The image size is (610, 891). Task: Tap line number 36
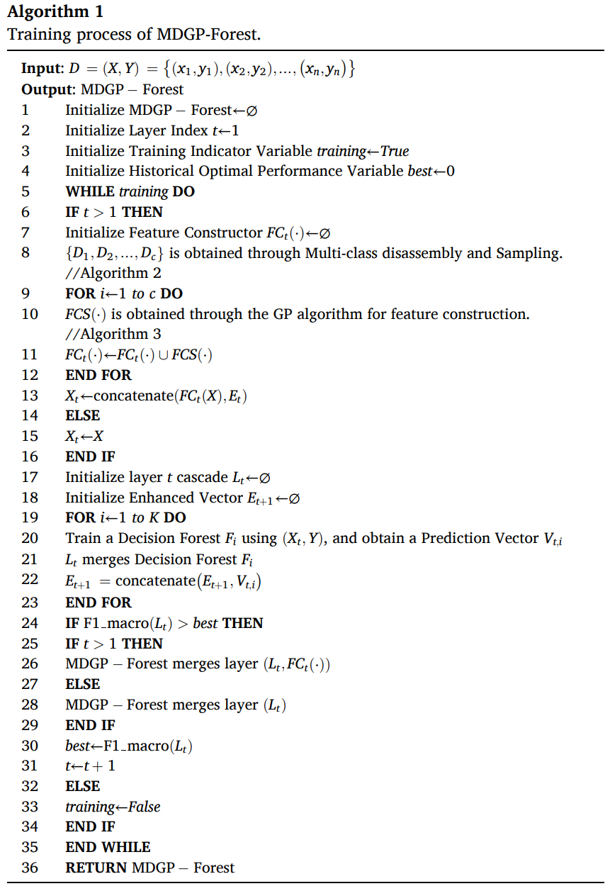pyautogui.click(x=30, y=867)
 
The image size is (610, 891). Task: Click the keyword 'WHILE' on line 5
pyautogui.click(x=90, y=191)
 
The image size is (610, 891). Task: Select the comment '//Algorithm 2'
pyautogui.click(x=106, y=273)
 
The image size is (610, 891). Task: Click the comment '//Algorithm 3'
pyautogui.click(x=106, y=334)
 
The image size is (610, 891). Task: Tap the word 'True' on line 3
pyautogui.click(x=395, y=151)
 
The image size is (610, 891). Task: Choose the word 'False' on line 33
pyautogui.click(x=144, y=807)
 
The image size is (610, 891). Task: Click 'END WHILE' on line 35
pyautogui.click(x=108, y=847)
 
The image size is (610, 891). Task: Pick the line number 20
pyautogui.click(x=30, y=538)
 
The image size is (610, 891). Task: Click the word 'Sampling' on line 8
pyautogui.click(x=530, y=253)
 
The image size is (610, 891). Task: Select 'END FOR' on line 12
pyautogui.click(x=98, y=375)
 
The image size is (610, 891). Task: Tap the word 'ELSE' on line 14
pyautogui.click(x=83, y=415)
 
